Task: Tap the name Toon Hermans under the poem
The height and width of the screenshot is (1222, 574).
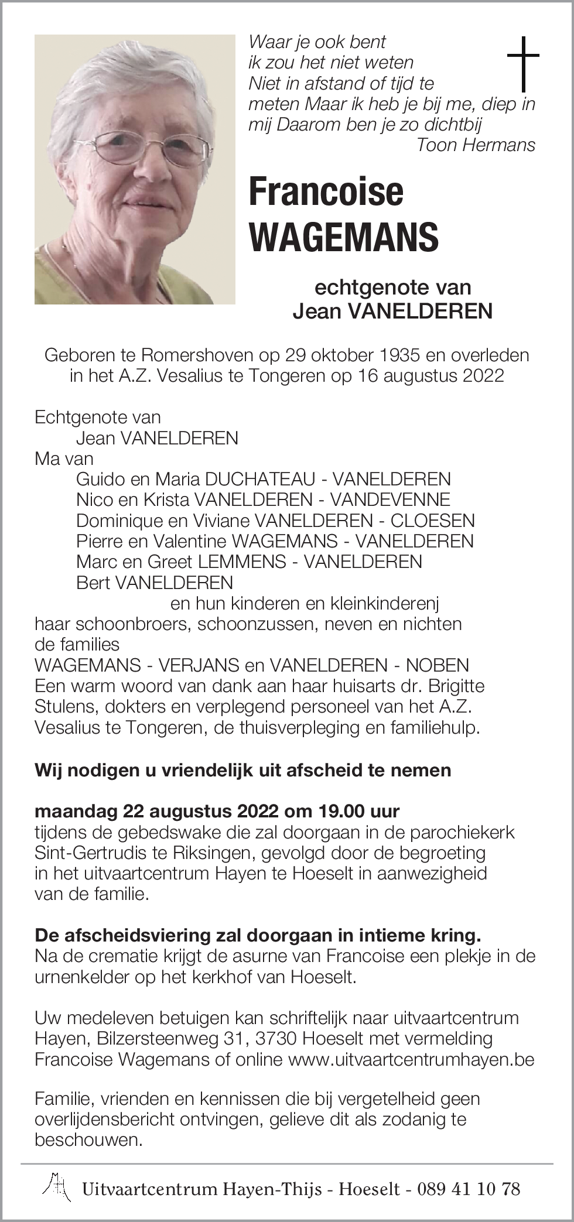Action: point(475,145)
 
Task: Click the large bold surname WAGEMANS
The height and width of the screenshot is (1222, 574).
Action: point(344,237)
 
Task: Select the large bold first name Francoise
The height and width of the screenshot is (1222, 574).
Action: point(326,191)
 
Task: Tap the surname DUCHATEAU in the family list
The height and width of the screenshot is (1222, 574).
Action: point(260,480)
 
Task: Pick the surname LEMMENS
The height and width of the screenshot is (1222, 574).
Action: point(242,562)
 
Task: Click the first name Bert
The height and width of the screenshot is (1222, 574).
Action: point(93,583)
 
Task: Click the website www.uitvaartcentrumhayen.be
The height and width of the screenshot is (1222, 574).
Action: point(411,1059)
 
